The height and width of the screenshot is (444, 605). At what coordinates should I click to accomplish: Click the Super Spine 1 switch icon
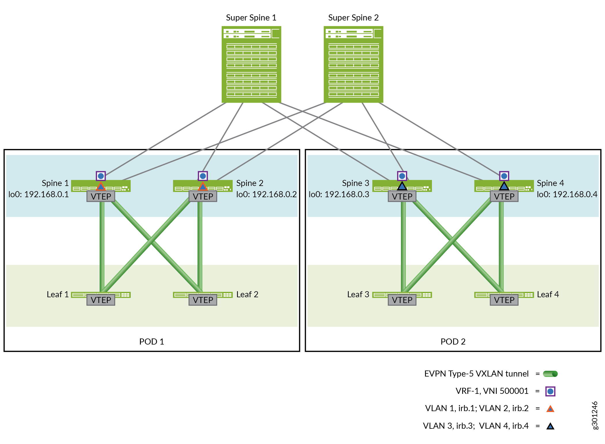[251, 64]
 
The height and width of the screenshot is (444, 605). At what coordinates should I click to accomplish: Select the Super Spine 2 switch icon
[353, 64]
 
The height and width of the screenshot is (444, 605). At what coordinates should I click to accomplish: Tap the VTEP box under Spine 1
[101, 196]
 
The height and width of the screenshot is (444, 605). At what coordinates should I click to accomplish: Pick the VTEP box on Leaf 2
[203, 300]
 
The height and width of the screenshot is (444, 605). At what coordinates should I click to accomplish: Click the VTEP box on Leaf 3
[402, 300]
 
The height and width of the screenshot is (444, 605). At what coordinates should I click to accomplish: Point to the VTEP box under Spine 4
[504, 196]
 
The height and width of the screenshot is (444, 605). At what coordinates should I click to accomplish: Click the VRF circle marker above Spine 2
[203, 176]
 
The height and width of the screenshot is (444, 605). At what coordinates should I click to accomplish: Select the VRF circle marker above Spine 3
[402, 176]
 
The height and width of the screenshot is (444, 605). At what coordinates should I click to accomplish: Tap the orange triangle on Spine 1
[100, 187]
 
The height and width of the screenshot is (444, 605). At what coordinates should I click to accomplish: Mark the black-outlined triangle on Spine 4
[504, 186]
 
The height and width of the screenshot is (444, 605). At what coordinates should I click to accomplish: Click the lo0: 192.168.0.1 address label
[39, 194]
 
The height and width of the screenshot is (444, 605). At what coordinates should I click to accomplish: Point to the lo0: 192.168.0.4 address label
[567, 194]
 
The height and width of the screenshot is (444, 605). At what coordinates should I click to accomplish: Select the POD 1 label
[151, 342]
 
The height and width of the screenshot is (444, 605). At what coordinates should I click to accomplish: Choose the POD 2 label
[453, 342]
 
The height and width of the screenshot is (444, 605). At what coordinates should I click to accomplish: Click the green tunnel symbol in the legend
[550, 374]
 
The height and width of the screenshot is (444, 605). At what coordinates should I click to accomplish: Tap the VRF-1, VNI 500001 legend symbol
[550, 391]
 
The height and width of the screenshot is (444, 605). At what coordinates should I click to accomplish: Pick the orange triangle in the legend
[550, 409]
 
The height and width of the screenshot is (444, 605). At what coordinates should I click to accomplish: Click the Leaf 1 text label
[58, 294]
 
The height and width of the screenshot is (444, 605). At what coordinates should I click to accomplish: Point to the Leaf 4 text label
[548, 294]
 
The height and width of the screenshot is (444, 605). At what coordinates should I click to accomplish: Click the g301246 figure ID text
[595, 415]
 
